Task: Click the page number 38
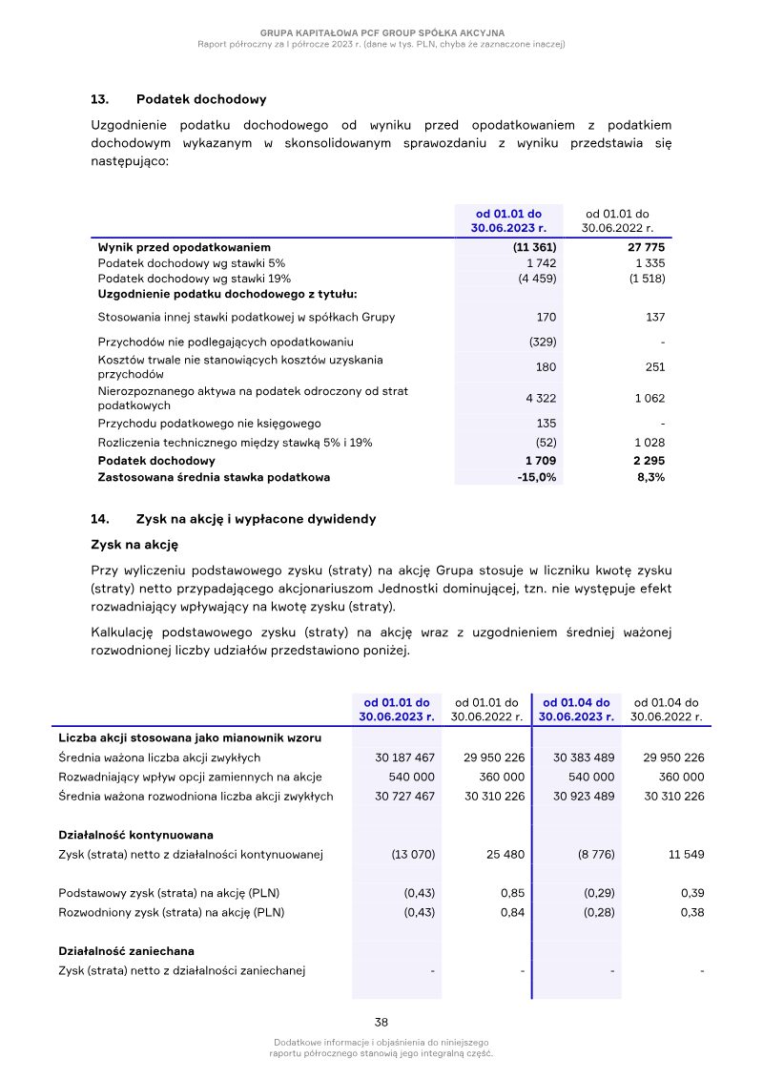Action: tap(381, 1022)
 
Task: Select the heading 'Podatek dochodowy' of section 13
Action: tap(201, 99)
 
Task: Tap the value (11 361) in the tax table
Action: tap(534, 247)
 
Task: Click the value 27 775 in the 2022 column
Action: tap(644, 247)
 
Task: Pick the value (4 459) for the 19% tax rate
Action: tap(537, 279)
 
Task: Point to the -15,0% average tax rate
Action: tap(537, 477)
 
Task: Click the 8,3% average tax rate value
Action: tap(650, 477)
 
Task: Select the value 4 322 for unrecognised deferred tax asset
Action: tap(541, 399)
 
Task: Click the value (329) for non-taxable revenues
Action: tap(543, 342)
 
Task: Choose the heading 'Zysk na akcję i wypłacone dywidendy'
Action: tap(256, 519)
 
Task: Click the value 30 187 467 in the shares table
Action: tap(404, 757)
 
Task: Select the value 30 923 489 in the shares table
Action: tap(584, 796)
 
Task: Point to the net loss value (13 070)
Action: tap(413, 855)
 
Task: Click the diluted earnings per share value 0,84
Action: tap(512, 912)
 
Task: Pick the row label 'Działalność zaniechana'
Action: tap(126, 951)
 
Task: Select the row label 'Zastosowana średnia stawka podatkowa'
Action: tap(214, 477)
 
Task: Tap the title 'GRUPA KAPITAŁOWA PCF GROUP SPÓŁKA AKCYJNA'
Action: tap(381, 32)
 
